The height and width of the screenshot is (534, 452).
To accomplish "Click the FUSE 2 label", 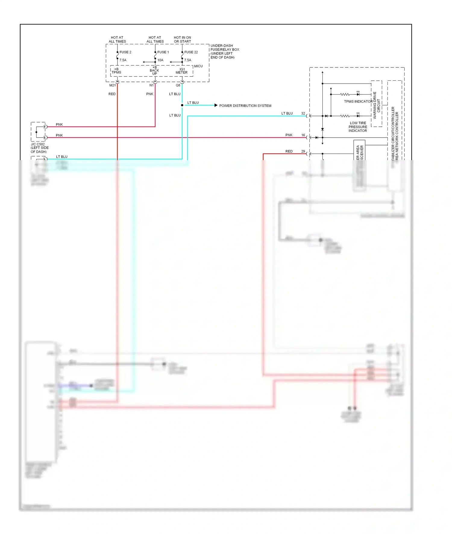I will (125, 52).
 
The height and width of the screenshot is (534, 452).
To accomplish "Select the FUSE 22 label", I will (191, 52).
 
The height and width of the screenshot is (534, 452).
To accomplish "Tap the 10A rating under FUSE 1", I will (160, 60).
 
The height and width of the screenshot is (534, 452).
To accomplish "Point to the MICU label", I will (198, 66).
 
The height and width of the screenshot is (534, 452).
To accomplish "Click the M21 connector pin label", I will (112, 85).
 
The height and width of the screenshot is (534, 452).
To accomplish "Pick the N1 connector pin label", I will (151, 85).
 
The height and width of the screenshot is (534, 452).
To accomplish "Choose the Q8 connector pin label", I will (178, 85).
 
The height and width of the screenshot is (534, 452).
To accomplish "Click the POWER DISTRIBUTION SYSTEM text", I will (245, 106).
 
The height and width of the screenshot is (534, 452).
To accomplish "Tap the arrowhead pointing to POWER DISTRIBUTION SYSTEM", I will (216, 105).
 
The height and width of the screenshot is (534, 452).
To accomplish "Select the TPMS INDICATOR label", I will (358, 101).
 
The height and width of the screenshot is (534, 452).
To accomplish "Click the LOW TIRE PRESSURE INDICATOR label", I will (358, 127).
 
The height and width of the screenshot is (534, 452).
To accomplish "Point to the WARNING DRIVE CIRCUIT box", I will (377, 104).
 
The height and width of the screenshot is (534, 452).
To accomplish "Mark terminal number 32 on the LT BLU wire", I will (303, 113).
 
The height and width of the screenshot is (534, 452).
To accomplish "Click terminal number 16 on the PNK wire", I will (303, 135).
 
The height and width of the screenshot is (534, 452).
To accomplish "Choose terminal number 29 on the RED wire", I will (303, 151).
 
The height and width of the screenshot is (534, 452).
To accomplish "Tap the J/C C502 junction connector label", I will (39, 148).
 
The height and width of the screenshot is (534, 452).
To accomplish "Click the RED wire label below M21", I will (112, 94).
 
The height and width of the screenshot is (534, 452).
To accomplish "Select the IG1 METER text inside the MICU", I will (181, 71).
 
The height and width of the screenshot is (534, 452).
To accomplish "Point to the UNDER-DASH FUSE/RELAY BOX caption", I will (225, 51).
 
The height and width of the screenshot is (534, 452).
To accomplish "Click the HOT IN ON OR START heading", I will (182, 39).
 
